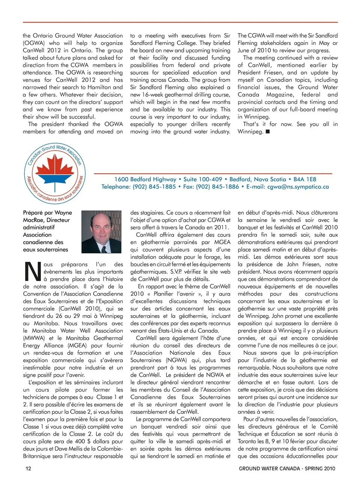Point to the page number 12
tap(28, 468)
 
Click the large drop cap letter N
tap(32, 272)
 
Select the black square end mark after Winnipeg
tap(267, 132)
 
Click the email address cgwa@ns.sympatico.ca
tap(298, 187)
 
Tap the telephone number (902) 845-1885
tap(153, 187)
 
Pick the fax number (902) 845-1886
tap(217, 187)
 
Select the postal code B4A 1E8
tap(304, 179)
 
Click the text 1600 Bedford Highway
tap(145, 179)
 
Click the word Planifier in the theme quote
tap(163, 294)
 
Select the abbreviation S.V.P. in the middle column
tap(178, 272)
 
